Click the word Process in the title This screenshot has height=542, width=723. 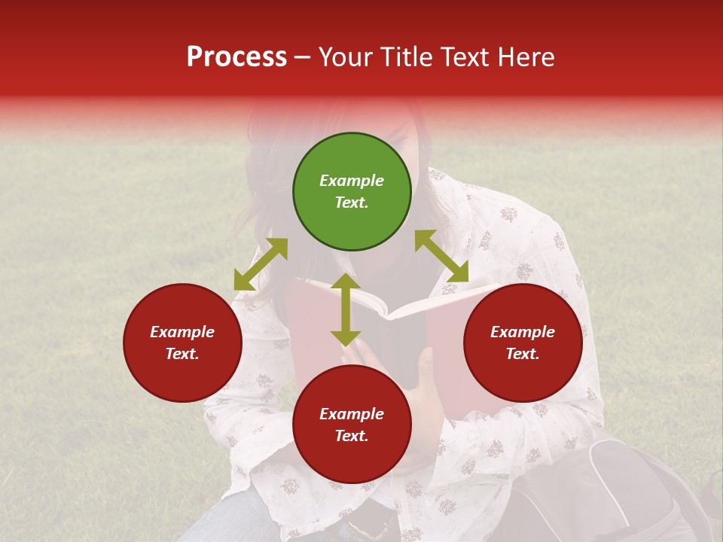click(x=236, y=57)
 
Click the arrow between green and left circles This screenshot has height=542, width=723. click(x=261, y=264)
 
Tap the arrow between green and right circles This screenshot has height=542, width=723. click(x=441, y=256)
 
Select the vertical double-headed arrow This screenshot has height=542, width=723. click(x=346, y=309)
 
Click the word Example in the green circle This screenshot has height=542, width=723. click(x=352, y=181)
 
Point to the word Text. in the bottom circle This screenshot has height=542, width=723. click(x=352, y=436)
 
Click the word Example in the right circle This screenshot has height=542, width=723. click(x=523, y=332)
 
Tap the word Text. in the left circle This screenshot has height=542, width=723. click(x=182, y=354)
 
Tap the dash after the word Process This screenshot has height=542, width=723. click(x=302, y=57)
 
